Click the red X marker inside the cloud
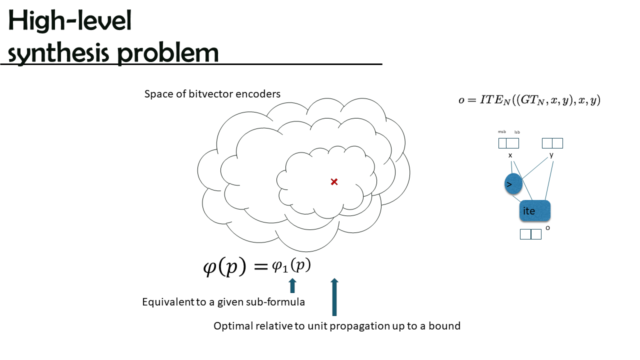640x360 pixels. click(x=334, y=181)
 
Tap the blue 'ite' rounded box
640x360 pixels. click(x=535, y=210)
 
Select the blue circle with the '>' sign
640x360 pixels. click(x=513, y=183)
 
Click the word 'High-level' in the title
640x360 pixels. click(x=69, y=20)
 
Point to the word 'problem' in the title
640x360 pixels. click(x=167, y=53)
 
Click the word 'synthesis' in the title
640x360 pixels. click(x=58, y=53)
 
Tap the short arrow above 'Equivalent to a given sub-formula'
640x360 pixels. click(x=292, y=285)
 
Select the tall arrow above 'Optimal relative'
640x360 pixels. click(x=334, y=297)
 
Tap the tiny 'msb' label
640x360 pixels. click(x=501, y=131)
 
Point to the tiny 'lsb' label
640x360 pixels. click(x=517, y=132)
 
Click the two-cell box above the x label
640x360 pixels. click(x=508, y=143)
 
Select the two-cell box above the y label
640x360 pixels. click(x=552, y=143)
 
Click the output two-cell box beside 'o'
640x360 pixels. click(x=530, y=234)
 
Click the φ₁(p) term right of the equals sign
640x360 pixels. click(x=291, y=265)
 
